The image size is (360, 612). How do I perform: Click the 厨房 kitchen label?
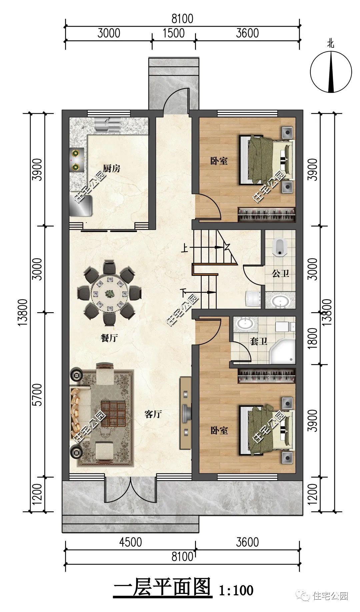tap(112, 169)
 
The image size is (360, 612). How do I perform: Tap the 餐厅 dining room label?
tap(109, 338)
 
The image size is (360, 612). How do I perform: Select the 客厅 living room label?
tap(153, 414)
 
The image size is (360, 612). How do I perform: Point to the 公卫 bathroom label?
tap(280, 274)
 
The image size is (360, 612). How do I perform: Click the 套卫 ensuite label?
tap(259, 341)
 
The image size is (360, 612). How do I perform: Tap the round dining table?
tap(109, 294)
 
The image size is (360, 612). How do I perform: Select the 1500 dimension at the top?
tap(174, 33)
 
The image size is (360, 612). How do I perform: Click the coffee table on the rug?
tap(113, 414)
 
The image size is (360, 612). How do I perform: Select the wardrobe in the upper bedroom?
tap(267, 215)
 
